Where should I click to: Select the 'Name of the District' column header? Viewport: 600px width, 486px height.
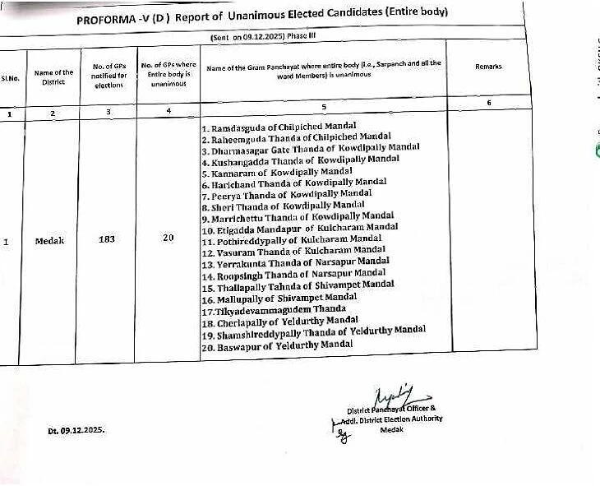click(x=53, y=77)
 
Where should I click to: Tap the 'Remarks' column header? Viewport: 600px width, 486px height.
click(x=488, y=67)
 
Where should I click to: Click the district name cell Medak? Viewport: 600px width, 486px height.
click(x=50, y=241)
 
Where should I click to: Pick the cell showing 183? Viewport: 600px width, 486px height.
click(x=106, y=240)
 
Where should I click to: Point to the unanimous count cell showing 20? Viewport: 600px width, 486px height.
click(x=168, y=238)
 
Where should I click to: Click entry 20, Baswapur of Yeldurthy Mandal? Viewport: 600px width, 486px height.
click(x=276, y=346)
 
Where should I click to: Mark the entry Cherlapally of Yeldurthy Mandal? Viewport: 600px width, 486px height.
click(x=279, y=322)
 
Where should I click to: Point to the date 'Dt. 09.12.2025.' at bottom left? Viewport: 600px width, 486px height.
click(x=76, y=429)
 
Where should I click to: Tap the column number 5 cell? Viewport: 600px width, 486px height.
click(x=324, y=105)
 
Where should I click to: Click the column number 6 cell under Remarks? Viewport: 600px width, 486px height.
click(x=489, y=103)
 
